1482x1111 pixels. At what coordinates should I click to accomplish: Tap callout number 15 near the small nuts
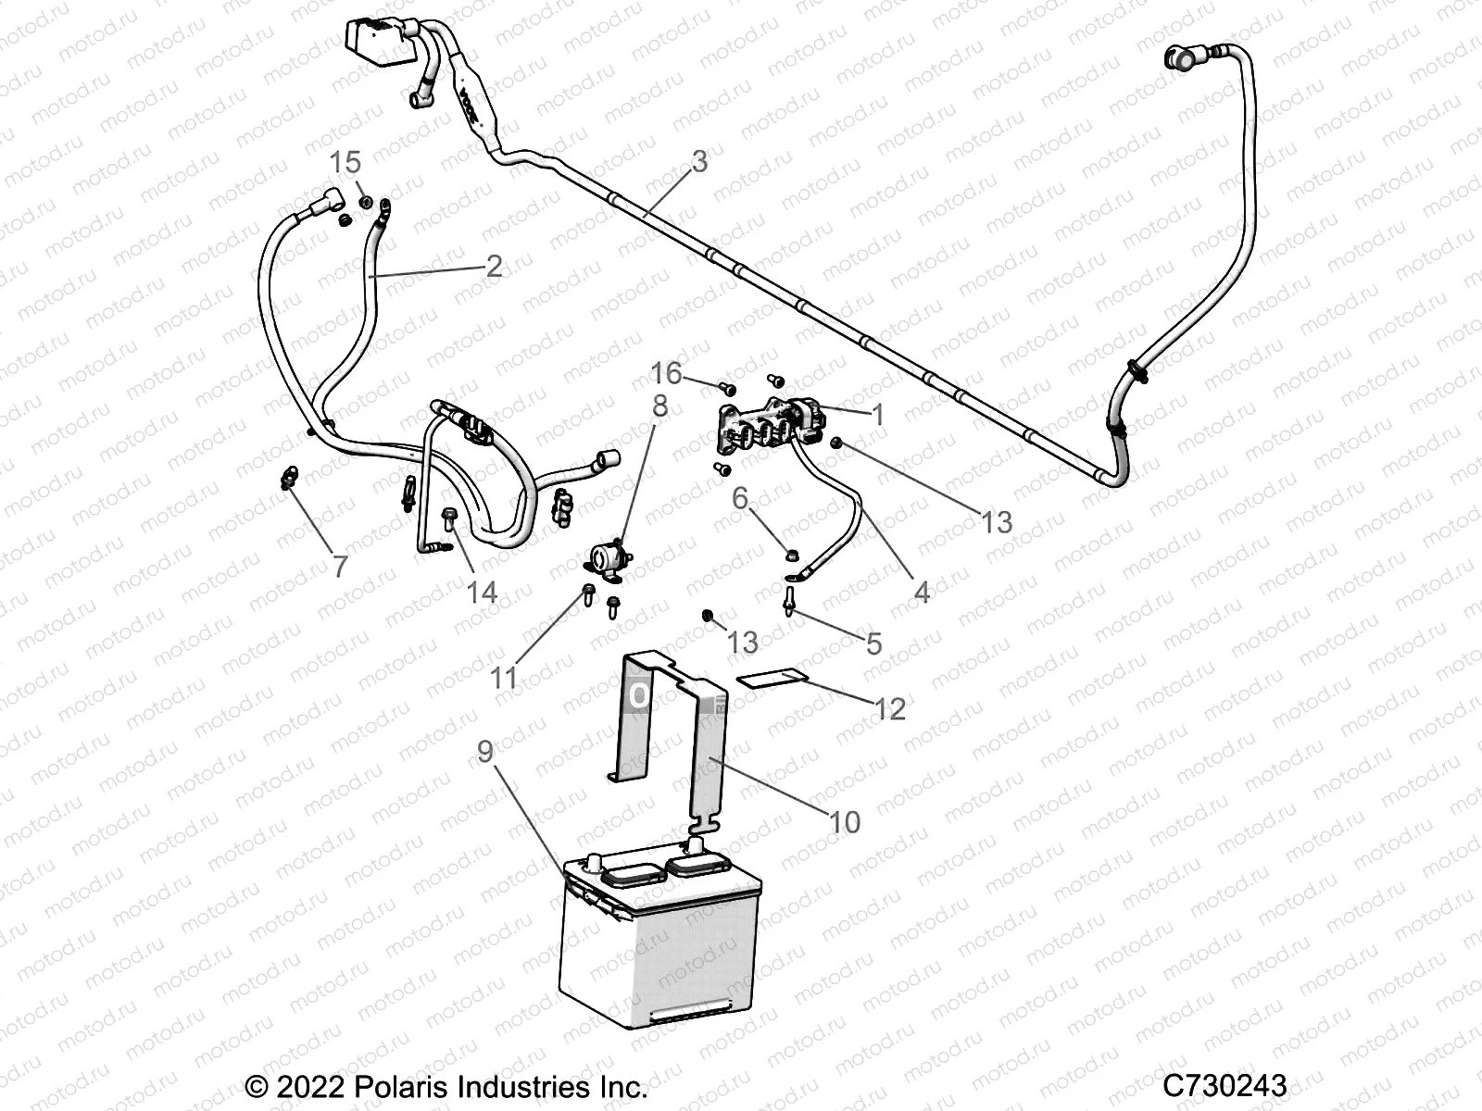pyautogui.click(x=345, y=164)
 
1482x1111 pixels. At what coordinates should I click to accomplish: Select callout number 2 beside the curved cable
pyautogui.click(x=494, y=267)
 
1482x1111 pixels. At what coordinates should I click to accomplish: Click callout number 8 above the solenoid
pyautogui.click(x=659, y=406)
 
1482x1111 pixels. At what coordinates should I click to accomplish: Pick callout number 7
pyautogui.click(x=340, y=566)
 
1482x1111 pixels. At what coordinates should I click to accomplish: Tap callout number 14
pyautogui.click(x=482, y=592)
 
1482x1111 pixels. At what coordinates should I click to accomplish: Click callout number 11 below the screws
pyautogui.click(x=503, y=678)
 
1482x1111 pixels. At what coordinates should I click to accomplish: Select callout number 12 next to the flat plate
pyautogui.click(x=890, y=709)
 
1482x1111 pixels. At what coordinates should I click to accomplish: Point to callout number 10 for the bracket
pyautogui.click(x=845, y=821)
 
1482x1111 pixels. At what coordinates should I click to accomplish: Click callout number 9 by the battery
pyautogui.click(x=485, y=752)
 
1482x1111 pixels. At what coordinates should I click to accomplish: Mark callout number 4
pyautogui.click(x=921, y=592)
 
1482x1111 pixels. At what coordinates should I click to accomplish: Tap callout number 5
pyautogui.click(x=873, y=643)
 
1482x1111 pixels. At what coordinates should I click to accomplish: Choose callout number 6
pyautogui.click(x=740, y=498)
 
